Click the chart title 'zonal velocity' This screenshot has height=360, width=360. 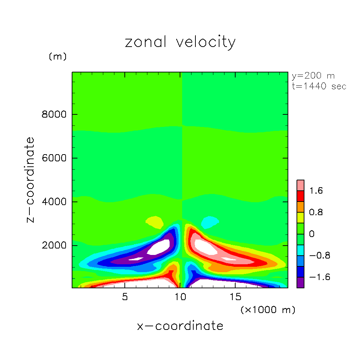180,42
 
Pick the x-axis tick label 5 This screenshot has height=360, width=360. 124,297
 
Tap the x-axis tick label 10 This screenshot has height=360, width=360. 180,297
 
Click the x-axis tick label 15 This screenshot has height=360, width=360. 235,297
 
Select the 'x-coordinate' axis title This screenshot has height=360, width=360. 180,326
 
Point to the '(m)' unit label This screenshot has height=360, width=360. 57,57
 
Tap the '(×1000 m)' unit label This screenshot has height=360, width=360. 267,310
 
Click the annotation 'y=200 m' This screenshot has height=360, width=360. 313,76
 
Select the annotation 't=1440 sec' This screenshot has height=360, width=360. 319,86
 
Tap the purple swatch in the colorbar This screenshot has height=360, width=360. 300,282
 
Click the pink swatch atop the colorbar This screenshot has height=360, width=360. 300,185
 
